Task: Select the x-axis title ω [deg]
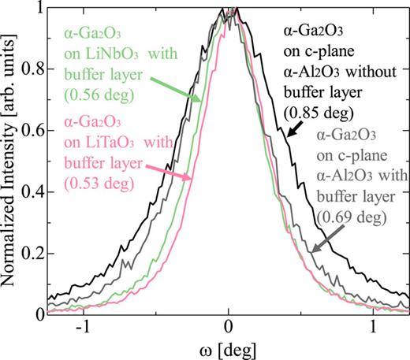[228, 349]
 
